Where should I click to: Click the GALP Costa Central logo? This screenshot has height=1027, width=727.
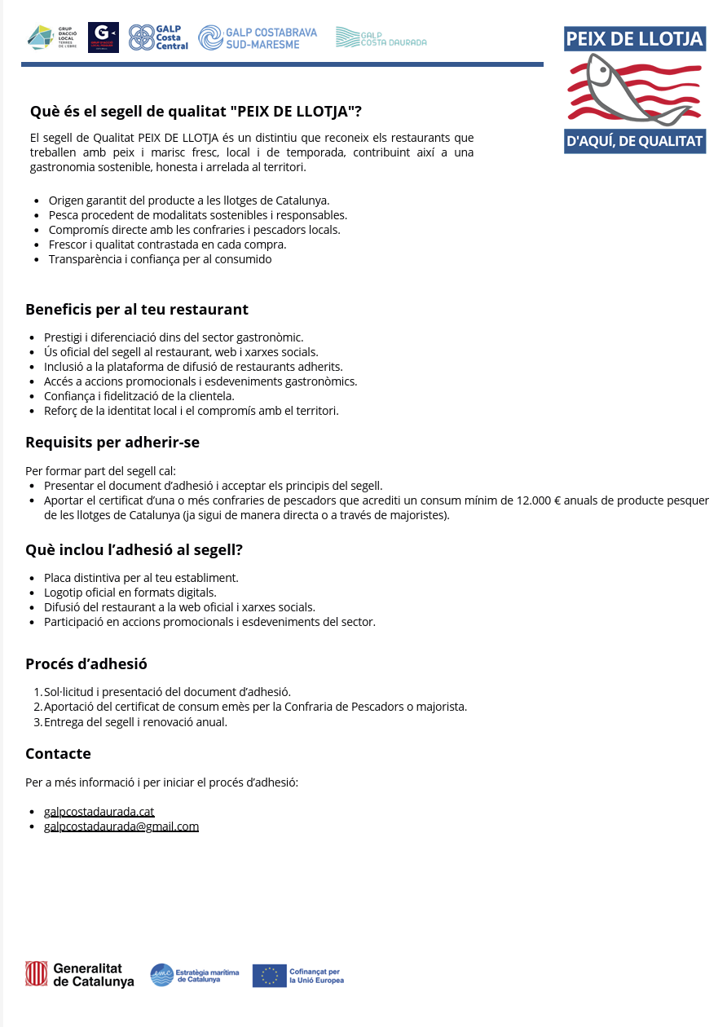point(158,37)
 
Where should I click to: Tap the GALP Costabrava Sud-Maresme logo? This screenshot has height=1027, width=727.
point(258,37)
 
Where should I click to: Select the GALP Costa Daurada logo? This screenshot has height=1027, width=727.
point(381,37)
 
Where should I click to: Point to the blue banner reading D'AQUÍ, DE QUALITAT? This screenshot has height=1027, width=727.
point(634,141)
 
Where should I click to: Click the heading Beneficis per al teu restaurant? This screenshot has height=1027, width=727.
point(137,310)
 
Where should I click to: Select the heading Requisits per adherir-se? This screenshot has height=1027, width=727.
point(112,443)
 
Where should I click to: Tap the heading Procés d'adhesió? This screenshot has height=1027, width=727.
point(86,663)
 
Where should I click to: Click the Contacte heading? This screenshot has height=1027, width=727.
point(58,753)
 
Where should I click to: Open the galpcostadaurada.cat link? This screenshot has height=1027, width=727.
point(99,812)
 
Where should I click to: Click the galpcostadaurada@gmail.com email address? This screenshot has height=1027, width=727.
point(121,826)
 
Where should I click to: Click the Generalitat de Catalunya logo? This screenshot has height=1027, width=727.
point(80,975)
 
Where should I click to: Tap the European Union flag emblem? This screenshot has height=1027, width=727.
point(269,976)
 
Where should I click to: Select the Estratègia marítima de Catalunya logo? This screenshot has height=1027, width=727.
point(195,975)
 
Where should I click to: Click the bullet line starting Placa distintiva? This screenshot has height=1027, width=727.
point(141,578)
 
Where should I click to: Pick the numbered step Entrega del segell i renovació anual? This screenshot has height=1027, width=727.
point(135,722)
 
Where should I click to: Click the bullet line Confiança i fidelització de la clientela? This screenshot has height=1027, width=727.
point(139,396)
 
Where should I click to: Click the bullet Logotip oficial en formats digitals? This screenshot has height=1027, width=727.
point(130,593)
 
